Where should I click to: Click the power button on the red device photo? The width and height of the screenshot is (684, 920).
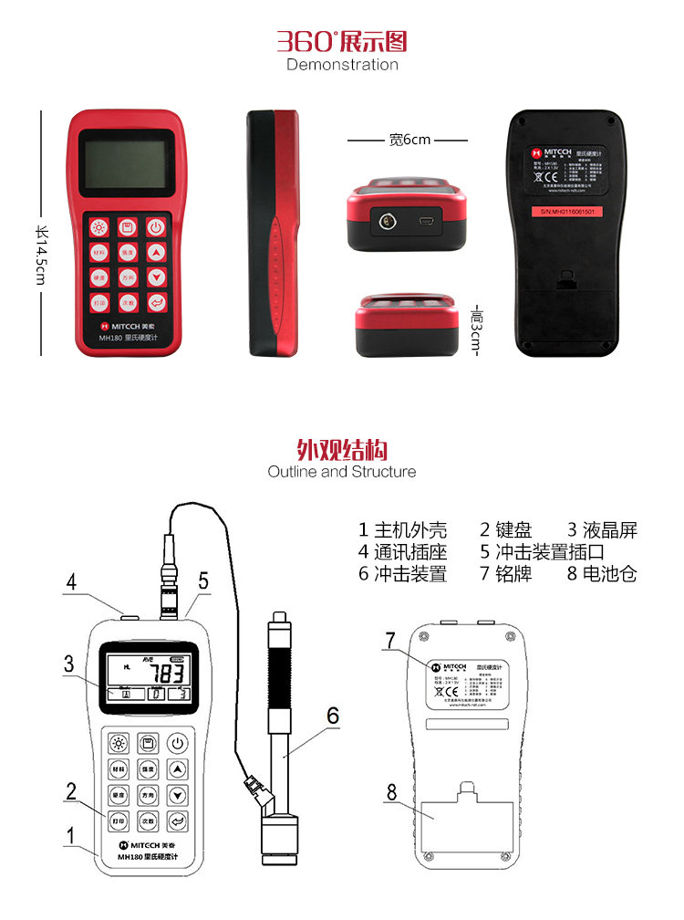[157, 227]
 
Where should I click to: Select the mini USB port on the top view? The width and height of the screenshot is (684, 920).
[425, 221]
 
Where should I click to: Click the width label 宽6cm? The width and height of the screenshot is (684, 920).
[409, 140]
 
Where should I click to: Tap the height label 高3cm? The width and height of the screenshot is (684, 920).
[475, 330]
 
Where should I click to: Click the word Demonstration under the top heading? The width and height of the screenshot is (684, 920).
[342, 65]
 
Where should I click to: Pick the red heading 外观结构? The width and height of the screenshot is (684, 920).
[342, 450]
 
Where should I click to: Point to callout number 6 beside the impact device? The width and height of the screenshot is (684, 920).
[333, 716]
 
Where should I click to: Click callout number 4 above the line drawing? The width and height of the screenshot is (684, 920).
[70, 581]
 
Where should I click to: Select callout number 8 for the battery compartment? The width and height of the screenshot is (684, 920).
[392, 792]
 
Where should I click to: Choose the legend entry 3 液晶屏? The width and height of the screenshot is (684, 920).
[602, 530]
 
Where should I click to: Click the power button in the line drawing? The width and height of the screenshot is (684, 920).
[179, 743]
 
